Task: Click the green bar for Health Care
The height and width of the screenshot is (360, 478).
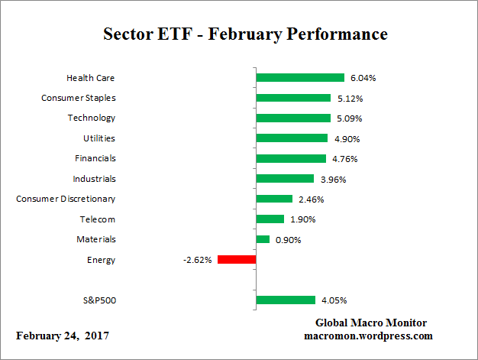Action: tap(300, 78)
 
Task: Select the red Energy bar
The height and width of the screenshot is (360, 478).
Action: tap(237, 260)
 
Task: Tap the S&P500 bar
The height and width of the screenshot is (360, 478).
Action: tap(286, 300)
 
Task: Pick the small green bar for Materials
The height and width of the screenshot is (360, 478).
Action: tap(263, 239)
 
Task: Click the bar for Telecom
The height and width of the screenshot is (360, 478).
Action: tap(270, 219)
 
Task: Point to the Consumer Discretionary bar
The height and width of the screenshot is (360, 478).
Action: tap(274, 199)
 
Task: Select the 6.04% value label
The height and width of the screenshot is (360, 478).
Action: tap(363, 78)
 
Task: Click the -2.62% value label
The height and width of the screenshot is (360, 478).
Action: tap(197, 260)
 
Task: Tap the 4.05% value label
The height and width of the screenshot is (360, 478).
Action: tap(334, 300)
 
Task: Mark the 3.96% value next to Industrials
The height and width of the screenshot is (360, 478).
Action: tap(332, 179)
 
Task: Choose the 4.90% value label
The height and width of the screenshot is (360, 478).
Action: tap(346, 138)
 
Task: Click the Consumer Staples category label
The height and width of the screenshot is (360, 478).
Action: tap(78, 98)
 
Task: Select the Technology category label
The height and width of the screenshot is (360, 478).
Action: tap(91, 118)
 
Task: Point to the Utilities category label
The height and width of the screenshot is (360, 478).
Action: tap(99, 138)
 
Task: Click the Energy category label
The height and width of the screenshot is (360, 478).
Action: tap(102, 260)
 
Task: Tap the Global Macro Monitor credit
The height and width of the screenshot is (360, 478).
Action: tap(371, 323)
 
